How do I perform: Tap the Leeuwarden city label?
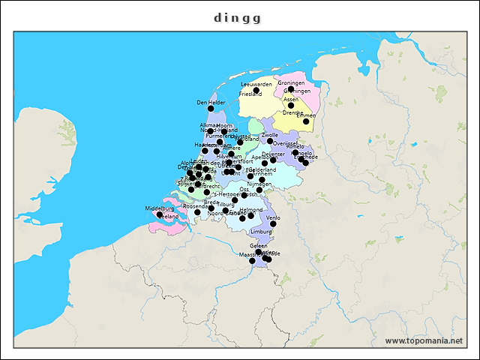click(256, 84)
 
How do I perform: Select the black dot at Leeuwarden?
click(256, 90)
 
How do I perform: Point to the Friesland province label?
click(251, 94)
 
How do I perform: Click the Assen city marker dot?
click(291, 105)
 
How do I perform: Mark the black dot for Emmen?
click(306, 121)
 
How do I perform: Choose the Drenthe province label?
click(292, 112)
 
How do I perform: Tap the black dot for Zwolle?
click(270, 141)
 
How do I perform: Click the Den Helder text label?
click(211, 102)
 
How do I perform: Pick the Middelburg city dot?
click(159, 214)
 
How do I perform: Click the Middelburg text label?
click(159, 208)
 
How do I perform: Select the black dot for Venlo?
click(273, 223)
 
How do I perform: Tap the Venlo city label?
click(273, 217)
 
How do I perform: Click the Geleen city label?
click(258, 246)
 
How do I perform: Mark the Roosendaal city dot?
click(197, 212)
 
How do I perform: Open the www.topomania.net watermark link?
click(423, 341)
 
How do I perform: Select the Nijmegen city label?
click(259, 184)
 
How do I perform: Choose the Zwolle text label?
click(270, 135)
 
